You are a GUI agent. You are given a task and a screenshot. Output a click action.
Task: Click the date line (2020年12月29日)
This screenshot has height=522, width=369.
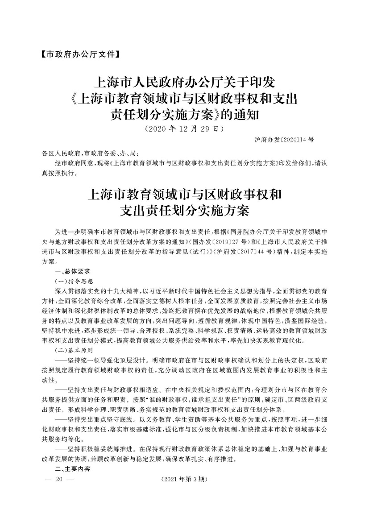(x=184, y=130)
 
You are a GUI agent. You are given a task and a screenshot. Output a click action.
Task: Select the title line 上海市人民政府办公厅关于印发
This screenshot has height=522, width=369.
(x=184, y=83)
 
